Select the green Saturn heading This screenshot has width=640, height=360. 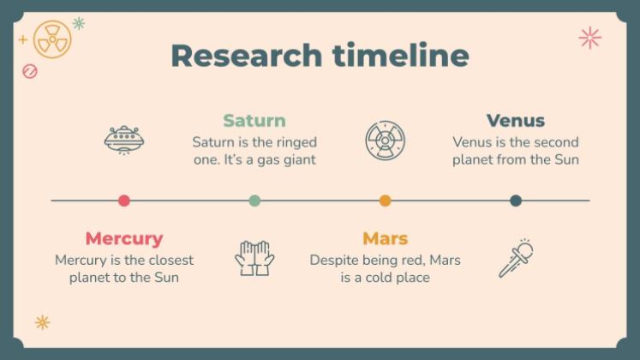[x=254, y=121]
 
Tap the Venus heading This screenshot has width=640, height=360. [x=516, y=121]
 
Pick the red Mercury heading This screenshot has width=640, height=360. [x=124, y=238]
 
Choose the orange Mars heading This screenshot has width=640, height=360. [x=385, y=238]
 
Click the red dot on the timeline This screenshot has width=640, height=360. [x=124, y=201]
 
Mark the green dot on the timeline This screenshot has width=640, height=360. [x=254, y=201]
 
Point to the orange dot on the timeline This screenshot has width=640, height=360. [x=385, y=201]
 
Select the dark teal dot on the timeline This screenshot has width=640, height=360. [x=516, y=201]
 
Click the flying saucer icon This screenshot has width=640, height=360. [x=124, y=139]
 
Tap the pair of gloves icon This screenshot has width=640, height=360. [x=254, y=257]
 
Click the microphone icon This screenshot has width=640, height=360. [x=516, y=258]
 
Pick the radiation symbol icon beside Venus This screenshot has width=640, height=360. [x=385, y=140]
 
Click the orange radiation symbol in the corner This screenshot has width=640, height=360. [x=52, y=39]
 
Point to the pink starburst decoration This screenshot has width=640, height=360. [x=589, y=37]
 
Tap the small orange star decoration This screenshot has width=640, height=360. [x=42, y=322]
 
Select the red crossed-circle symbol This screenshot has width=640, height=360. [x=30, y=71]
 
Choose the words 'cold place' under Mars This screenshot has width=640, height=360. [x=395, y=278]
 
